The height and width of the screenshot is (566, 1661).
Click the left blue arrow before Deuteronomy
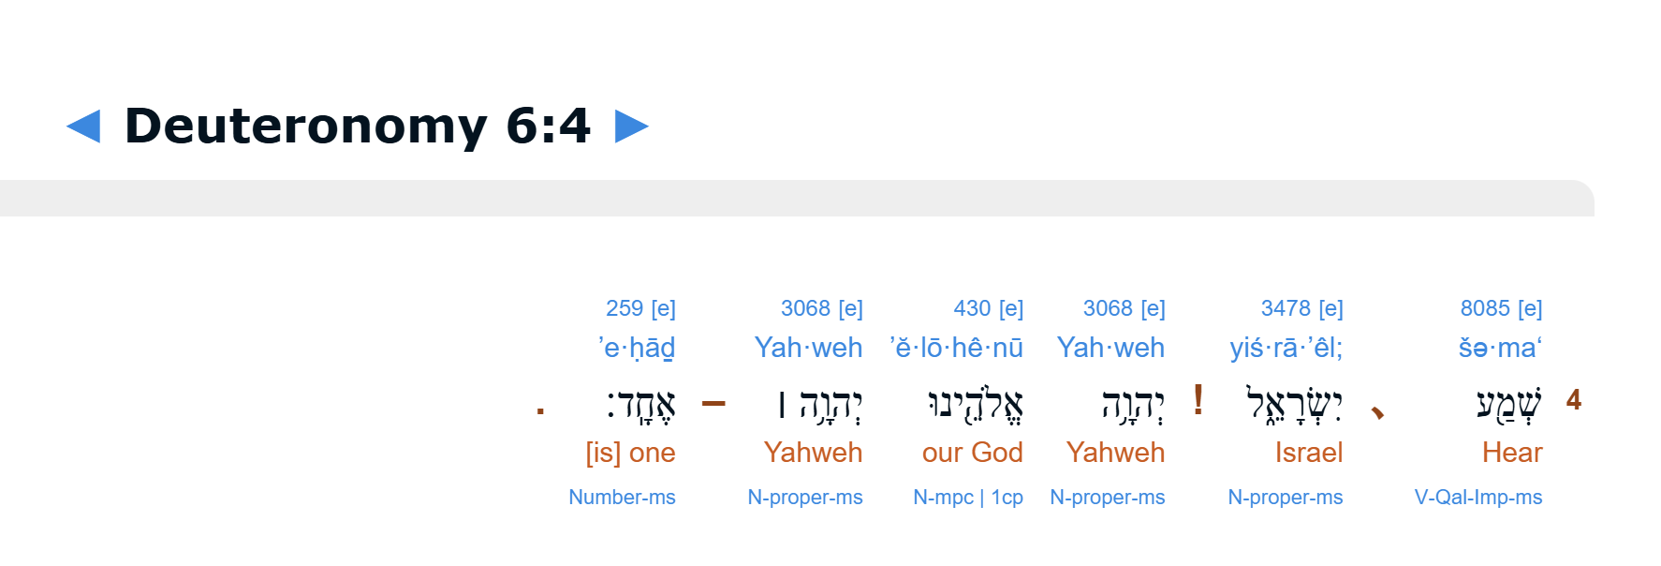83,127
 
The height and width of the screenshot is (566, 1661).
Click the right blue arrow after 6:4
632,127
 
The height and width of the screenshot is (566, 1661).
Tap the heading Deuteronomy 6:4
358,126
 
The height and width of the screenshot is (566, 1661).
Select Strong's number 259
625,308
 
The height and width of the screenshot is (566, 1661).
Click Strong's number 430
972,308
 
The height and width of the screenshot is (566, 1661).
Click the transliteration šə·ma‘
1500,348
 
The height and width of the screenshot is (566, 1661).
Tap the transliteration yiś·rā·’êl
1286,348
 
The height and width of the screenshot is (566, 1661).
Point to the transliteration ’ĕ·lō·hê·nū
956,348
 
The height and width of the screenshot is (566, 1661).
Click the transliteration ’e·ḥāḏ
637,348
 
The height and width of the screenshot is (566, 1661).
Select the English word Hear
1512,453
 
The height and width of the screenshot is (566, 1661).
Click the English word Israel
1309,453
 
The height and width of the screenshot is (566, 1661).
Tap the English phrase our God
973,453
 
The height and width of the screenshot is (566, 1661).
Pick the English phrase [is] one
630,453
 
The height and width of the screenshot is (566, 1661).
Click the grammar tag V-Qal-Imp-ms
1478,498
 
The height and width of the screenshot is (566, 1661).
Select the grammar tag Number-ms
622,498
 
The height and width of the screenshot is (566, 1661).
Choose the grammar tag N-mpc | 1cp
968,498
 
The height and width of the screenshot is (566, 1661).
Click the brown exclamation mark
1198,400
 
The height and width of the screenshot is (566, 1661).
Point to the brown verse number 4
1574,400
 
